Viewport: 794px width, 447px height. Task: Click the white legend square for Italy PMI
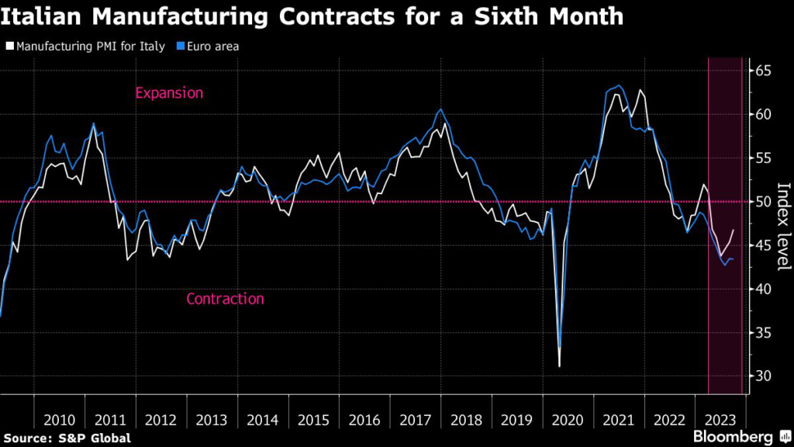[9, 47]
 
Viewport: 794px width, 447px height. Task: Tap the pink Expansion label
[169, 93]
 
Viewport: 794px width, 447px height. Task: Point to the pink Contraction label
[225, 299]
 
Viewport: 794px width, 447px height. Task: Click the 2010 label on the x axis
[59, 420]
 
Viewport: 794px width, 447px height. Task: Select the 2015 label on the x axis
[313, 420]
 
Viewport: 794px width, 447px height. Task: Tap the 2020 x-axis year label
[568, 420]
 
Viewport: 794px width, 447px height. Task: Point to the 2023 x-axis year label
[720, 420]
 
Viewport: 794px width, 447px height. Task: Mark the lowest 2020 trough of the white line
[559, 366]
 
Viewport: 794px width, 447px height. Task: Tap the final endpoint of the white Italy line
[734, 230]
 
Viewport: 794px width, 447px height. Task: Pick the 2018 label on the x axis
[466, 420]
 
